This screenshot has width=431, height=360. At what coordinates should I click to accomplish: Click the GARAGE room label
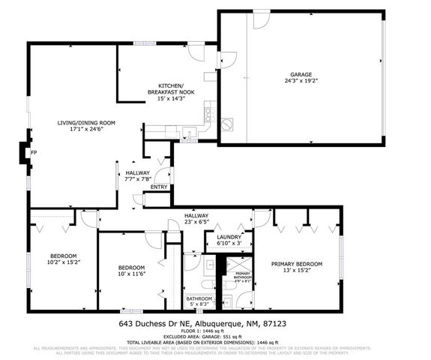pyautogui.click(x=301, y=73)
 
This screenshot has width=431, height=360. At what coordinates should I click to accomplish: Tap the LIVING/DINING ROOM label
pyautogui.click(x=86, y=122)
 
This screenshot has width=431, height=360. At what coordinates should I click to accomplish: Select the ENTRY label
pyautogui.click(x=159, y=187)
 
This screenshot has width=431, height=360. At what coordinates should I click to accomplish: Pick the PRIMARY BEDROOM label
pyautogui.click(x=297, y=264)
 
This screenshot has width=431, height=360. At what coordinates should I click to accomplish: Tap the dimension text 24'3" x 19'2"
pyautogui.click(x=301, y=81)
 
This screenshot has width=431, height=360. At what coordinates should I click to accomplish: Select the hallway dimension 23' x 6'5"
pyautogui.click(x=197, y=223)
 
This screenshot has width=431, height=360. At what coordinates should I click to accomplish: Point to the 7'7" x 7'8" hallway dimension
pyautogui.click(x=139, y=179)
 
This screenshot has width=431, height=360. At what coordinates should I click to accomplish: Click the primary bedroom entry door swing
pyautogui.click(x=262, y=218)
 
